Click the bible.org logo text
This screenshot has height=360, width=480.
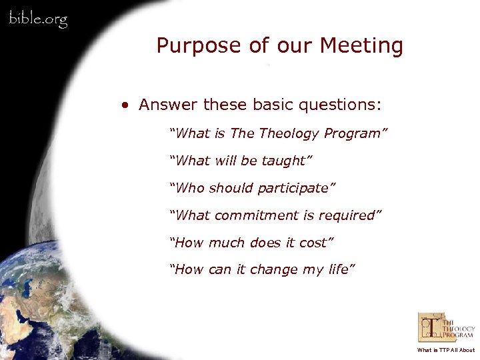pos(38,19)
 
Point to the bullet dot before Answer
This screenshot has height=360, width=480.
pos(125,105)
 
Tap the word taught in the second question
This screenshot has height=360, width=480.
pos(285,161)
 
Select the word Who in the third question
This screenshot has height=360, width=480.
pos(189,188)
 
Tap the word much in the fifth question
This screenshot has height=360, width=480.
pos(226,243)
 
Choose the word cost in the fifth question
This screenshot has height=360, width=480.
pos(313,243)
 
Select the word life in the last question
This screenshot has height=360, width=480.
pos(337,270)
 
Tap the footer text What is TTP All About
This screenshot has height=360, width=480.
pos(446,350)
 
